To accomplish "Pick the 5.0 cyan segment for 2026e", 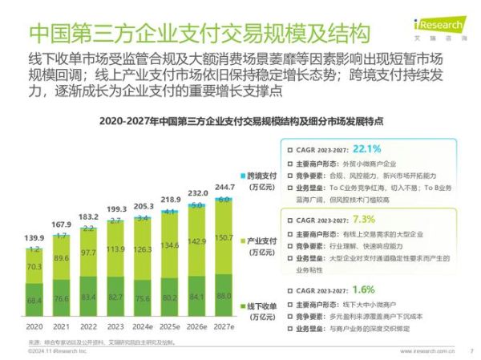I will point(197,205).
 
